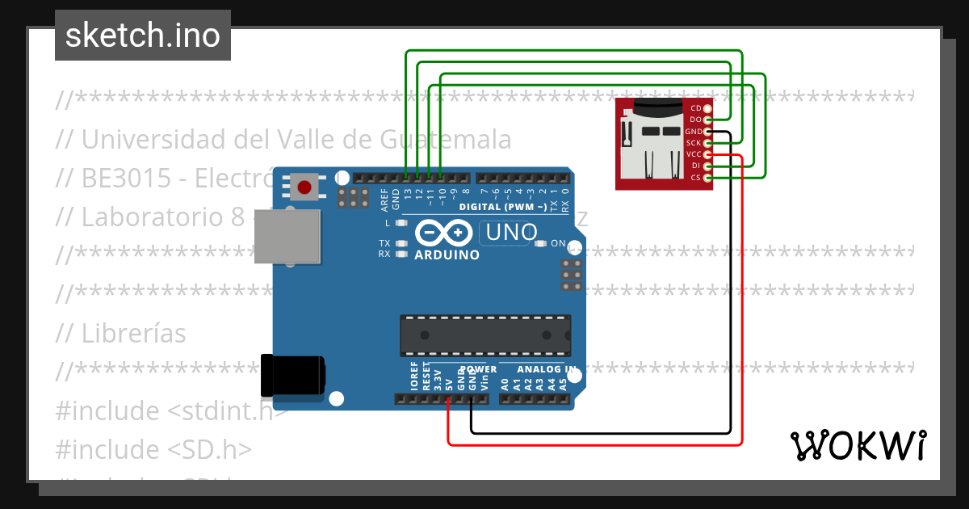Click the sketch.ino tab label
pos(143,36)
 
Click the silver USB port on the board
pos(287,240)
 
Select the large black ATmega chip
pos(485,336)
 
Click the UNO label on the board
pos(509,233)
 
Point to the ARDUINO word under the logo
pos(447,254)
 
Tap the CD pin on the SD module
pos(708,108)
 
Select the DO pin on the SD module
pos(708,120)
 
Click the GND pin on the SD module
pos(708,131)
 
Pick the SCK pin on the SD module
pos(708,143)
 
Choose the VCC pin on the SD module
pos(708,154)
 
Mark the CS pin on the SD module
pos(708,177)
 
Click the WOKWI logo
pos(858,445)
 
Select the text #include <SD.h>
pos(153,449)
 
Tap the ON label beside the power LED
pos(558,242)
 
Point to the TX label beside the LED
pos(385,242)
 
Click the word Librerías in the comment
pos(133,333)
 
